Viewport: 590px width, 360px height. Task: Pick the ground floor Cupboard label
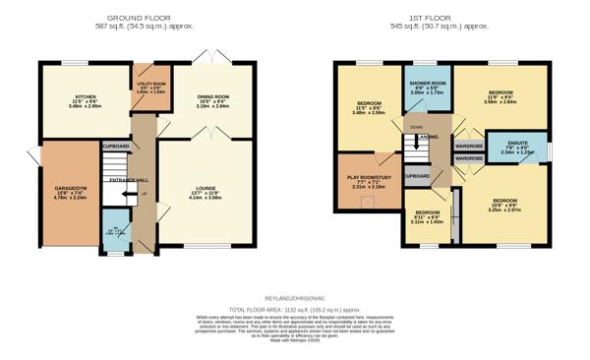click(116, 146)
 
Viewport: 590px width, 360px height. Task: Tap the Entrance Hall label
click(129, 180)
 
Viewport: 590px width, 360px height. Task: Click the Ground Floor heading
click(139, 18)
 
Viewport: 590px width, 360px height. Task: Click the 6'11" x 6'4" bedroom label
click(428, 216)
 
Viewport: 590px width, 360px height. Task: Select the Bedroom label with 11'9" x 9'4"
click(501, 99)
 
